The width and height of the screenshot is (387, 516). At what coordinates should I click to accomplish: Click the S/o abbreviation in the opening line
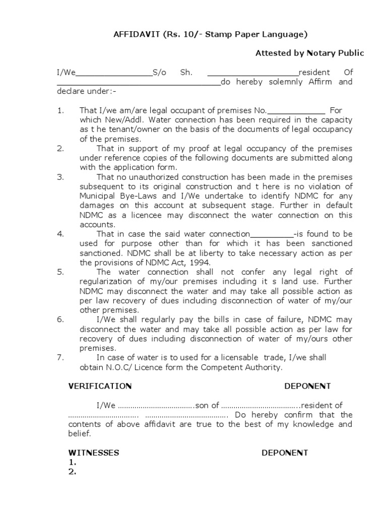159,72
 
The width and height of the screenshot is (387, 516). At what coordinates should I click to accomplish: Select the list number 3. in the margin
60,177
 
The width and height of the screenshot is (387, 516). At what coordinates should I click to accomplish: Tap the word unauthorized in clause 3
149,177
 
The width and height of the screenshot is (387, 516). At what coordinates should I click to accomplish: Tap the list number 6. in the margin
60,319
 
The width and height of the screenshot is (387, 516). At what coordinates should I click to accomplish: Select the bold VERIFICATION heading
100,386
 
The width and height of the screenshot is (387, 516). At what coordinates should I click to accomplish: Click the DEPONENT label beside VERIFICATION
307,386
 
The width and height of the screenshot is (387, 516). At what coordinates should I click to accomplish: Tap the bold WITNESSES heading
94,453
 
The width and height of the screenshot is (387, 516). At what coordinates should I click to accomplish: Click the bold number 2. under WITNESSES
72,472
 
